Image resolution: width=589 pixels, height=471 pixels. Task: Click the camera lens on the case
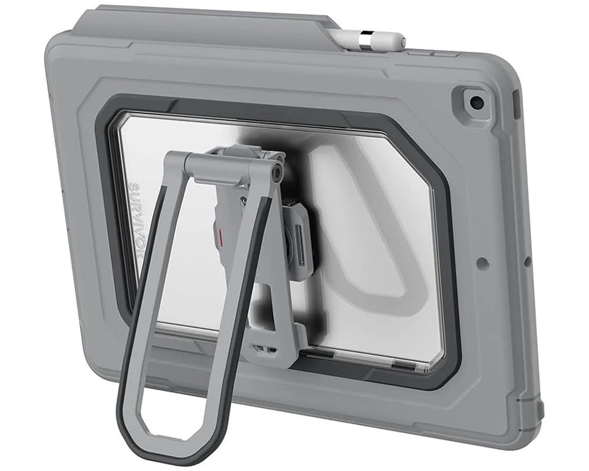476,103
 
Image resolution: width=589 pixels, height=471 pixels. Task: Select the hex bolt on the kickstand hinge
276,171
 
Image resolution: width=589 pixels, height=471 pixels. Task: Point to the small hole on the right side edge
527,260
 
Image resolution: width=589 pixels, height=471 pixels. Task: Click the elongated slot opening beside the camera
517,105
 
